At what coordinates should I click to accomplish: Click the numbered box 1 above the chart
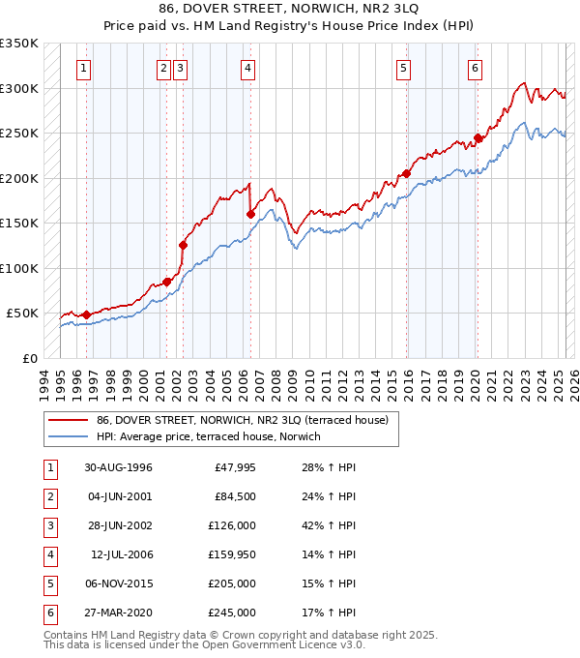[85, 68]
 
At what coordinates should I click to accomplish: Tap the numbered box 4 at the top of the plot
[248, 68]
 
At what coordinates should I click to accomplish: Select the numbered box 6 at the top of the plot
[476, 68]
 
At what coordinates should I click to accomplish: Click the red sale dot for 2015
[406, 174]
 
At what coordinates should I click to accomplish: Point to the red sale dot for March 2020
[478, 137]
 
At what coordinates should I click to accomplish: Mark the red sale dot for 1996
[86, 314]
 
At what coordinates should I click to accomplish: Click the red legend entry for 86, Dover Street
[242, 420]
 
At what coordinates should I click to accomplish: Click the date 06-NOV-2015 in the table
[118, 583]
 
